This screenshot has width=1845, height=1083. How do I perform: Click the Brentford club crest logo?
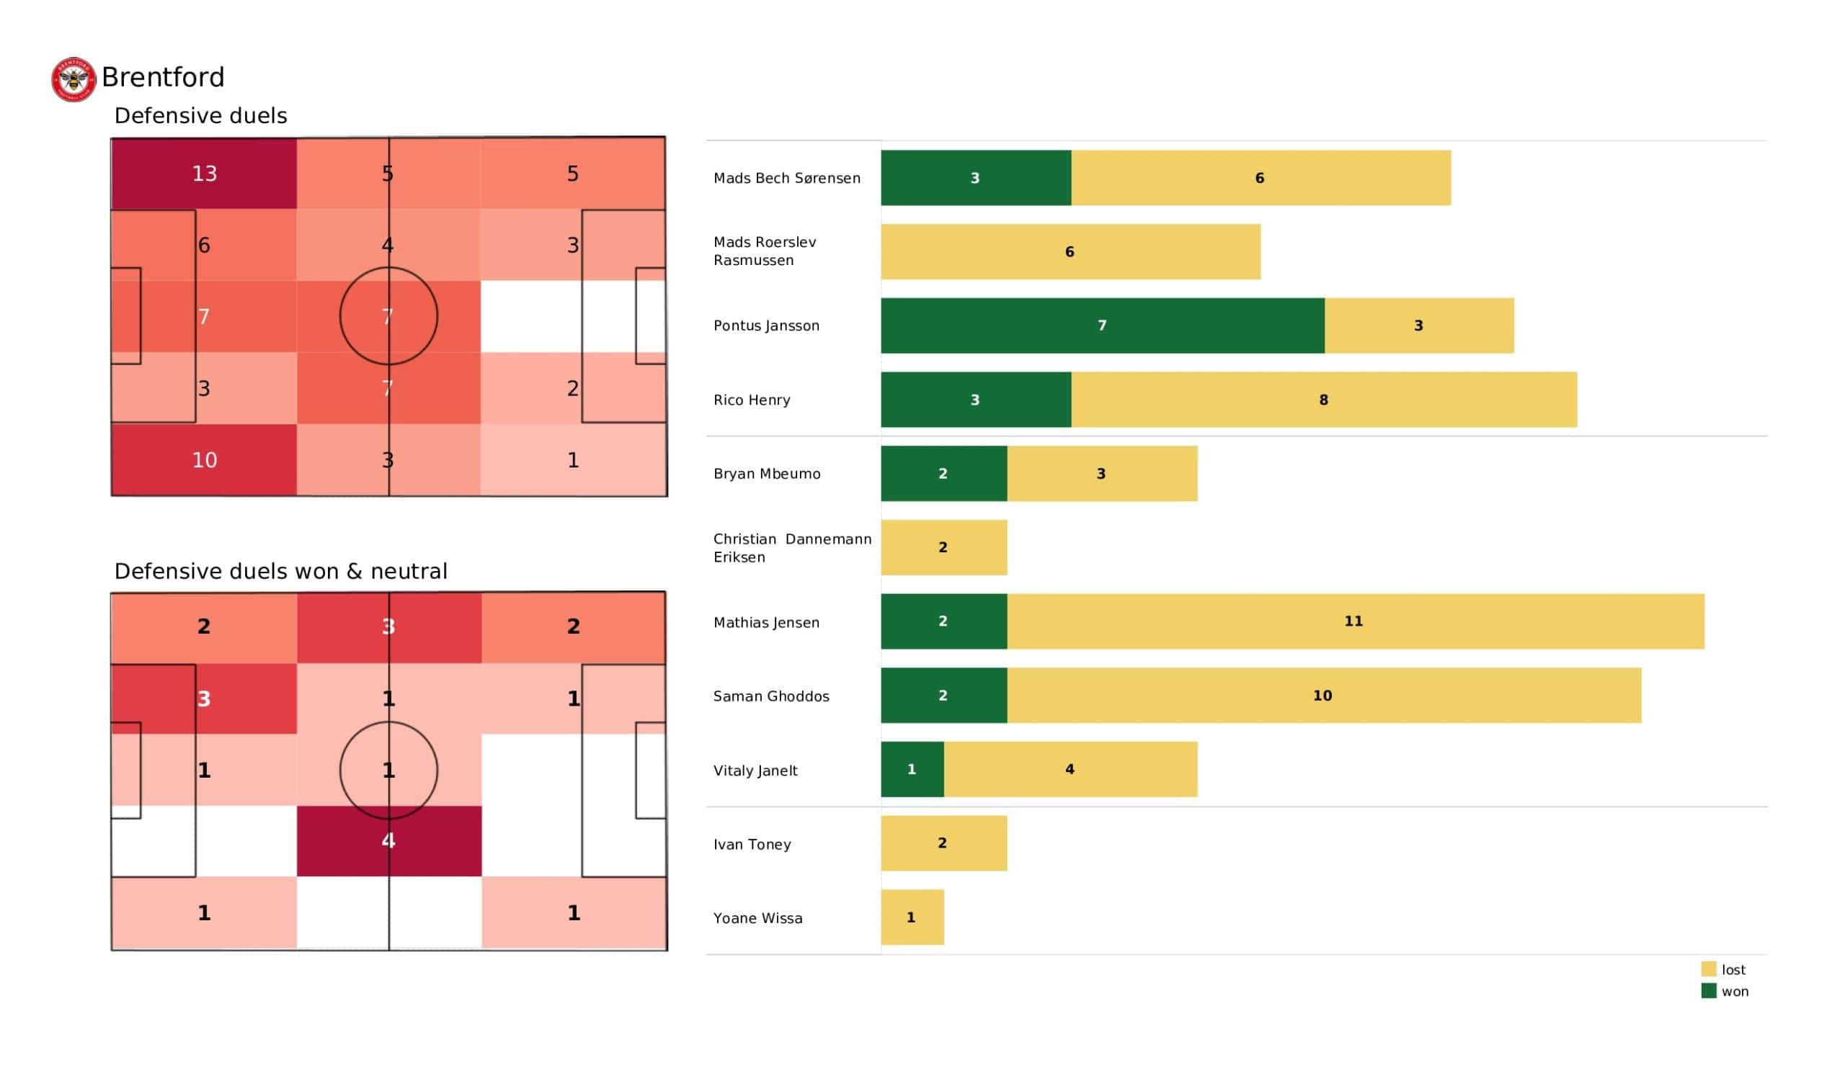(74, 80)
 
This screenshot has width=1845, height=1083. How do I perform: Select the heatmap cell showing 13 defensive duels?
(204, 174)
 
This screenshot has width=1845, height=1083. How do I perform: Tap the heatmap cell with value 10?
(204, 460)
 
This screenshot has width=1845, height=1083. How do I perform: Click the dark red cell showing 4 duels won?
(388, 841)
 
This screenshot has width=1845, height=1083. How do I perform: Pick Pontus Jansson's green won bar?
(1102, 325)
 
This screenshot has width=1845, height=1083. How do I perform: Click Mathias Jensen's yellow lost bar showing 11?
(1354, 621)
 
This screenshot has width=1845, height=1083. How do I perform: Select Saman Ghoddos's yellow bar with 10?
(1323, 695)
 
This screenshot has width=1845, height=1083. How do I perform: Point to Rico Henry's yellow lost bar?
(1323, 400)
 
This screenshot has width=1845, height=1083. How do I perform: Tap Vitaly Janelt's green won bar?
(912, 769)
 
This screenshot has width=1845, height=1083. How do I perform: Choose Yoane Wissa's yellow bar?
(912, 917)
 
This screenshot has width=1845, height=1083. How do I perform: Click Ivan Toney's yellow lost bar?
(943, 843)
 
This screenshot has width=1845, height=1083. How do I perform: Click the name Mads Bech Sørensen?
(786, 179)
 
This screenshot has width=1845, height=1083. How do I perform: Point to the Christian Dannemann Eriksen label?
(791, 548)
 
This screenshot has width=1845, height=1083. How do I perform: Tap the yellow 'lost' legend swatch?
(1708, 969)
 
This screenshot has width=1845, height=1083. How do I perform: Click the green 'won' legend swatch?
(1708, 992)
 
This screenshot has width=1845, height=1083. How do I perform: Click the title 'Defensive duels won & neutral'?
(280, 572)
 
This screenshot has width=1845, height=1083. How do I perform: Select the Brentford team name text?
(163, 78)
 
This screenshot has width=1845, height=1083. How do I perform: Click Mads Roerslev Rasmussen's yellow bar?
(1070, 252)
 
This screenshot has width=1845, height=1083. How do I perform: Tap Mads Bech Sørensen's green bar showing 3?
(975, 178)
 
